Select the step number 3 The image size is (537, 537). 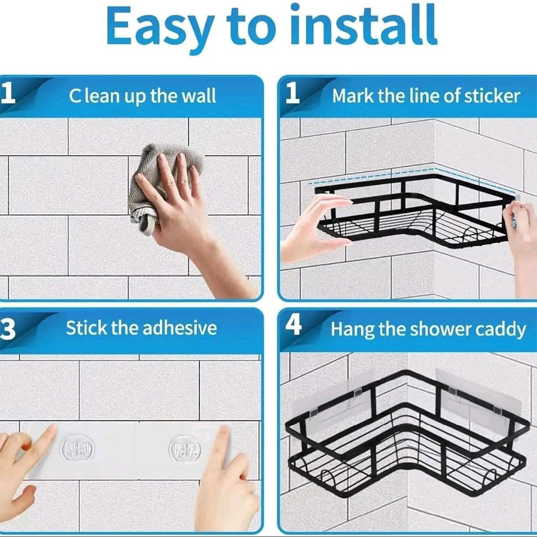click(x=7, y=329)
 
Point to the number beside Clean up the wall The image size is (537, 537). click(x=7, y=94)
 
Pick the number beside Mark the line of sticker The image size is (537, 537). click(x=293, y=94)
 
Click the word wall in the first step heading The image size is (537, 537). click(x=199, y=96)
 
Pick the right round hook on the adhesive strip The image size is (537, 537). click(x=184, y=449)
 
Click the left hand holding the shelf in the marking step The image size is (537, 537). click(x=315, y=225)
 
